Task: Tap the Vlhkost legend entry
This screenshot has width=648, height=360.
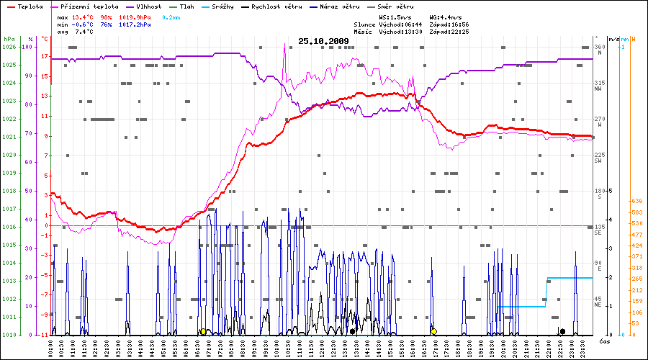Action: click(148, 6)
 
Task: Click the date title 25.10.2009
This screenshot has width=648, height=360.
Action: click(324, 41)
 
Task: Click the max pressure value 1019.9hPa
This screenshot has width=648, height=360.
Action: click(135, 16)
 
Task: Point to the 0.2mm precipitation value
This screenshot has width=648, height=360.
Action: click(171, 16)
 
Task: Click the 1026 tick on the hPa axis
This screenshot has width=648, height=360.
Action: click(9, 47)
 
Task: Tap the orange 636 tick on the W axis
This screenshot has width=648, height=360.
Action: click(636, 201)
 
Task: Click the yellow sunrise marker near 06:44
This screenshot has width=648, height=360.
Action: click(203, 332)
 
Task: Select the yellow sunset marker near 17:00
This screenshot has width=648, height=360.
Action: click(433, 331)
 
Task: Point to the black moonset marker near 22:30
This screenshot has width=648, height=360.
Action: click(562, 331)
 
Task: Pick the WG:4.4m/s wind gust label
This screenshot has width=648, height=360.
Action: click(447, 16)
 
